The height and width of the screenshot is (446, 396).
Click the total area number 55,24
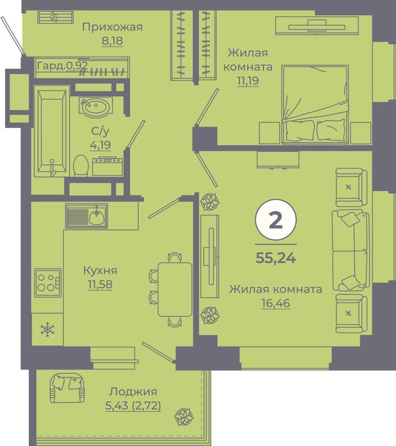(x=276, y=258)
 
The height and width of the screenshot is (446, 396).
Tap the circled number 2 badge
(x=276, y=220)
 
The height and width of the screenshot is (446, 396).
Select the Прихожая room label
(x=112, y=27)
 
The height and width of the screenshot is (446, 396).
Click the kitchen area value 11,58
(x=100, y=284)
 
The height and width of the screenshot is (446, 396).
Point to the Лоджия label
(x=133, y=392)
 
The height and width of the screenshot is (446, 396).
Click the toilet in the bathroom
(x=81, y=165)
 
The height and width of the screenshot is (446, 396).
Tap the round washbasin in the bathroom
(x=96, y=106)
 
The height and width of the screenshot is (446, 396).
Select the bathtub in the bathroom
(x=52, y=131)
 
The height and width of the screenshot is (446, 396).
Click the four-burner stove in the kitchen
(x=48, y=283)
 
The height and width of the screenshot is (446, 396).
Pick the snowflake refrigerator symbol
(x=48, y=329)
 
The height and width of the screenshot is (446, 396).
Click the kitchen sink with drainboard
(x=86, y=215)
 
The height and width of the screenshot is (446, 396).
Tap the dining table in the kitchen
(x=175, y=289)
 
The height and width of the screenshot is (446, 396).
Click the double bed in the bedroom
(x=315, y=104)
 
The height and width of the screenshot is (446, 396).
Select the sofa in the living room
(x=350, y=250)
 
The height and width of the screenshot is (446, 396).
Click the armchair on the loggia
(x=67, y=388)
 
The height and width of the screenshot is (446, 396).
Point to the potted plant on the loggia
(x=184, y=417)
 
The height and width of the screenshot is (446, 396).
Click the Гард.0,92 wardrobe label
(x=63, y=66)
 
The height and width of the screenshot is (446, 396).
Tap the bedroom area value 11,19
(x=248, y=81)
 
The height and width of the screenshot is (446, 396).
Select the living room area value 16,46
(x=276, y=303)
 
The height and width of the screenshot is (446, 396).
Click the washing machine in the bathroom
(x=108, y=167)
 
